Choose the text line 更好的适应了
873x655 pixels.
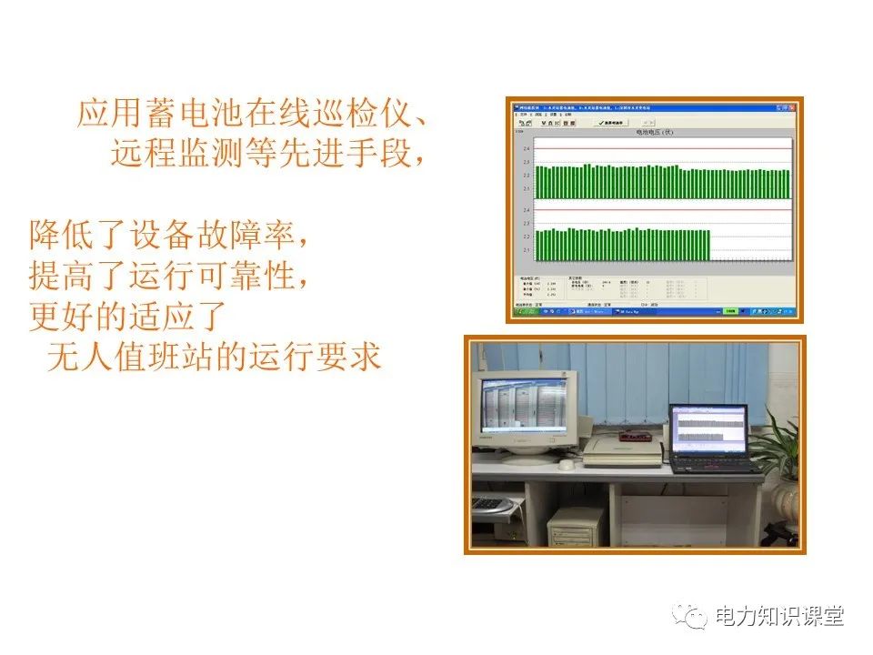[x=126, y=317]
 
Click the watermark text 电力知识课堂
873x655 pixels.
[x=779, y=617]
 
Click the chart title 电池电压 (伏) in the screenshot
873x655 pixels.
[x=654, y=132]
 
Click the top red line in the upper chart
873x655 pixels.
[x=663, y=148]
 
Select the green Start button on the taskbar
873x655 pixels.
[x=525, y=312]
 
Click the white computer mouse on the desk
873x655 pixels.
[x=566, y=464]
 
